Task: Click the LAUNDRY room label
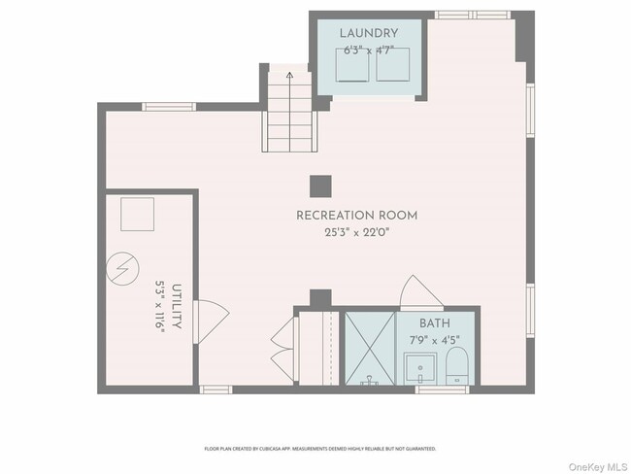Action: coord(369,34)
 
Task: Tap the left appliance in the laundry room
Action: coord(350,66)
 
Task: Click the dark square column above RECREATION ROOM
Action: coord(320,186)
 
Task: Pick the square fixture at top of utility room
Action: coord(137,214)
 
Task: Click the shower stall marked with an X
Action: coord(370,348)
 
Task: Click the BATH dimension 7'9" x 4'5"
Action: coord(433,340)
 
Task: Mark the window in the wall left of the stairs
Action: coord(169,107)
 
